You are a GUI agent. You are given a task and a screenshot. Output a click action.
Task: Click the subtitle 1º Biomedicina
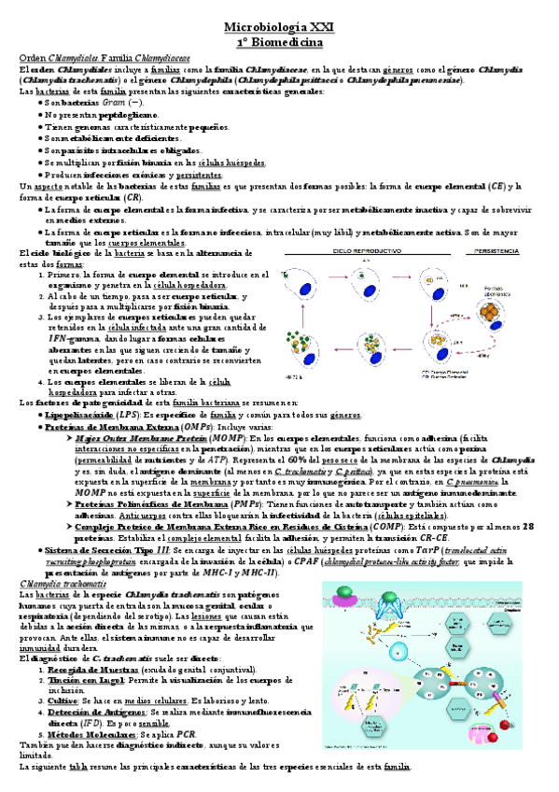(279, 43)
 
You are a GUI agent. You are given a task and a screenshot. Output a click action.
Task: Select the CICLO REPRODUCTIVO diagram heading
(372, 252)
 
